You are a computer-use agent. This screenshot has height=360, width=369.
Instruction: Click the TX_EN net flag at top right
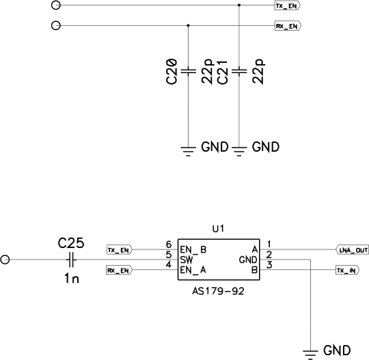[288, 5]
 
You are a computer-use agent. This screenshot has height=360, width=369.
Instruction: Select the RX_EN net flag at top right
[288, 26]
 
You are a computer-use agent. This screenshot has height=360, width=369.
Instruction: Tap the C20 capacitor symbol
[188, 71]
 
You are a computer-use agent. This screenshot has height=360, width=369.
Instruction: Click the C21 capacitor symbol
[239, 71]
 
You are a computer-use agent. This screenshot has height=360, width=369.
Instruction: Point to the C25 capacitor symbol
[71, 260]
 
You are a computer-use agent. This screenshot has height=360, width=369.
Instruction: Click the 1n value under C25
[72, 279]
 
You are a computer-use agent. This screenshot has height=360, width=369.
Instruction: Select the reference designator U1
[219, 229]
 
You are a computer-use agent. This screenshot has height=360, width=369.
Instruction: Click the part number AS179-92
[219, 291]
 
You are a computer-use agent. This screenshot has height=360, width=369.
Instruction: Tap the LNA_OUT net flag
[352, 250]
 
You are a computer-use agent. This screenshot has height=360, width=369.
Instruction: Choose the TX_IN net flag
[347, 271]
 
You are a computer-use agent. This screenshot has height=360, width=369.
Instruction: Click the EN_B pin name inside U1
[193, 249]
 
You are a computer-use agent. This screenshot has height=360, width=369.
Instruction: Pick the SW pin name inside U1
[187, 260]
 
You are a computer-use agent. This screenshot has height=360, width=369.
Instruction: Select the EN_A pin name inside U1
[193, 270]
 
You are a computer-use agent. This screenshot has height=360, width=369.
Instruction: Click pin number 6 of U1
[169, 245]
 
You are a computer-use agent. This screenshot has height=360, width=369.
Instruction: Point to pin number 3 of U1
[269, 265]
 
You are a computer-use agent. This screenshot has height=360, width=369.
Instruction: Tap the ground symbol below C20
[188, 151]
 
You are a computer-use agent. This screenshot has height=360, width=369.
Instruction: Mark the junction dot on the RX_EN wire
[188, 25]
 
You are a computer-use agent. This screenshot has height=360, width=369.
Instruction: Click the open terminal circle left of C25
[5, 260]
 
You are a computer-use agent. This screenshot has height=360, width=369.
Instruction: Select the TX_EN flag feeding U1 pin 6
[120, 250]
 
